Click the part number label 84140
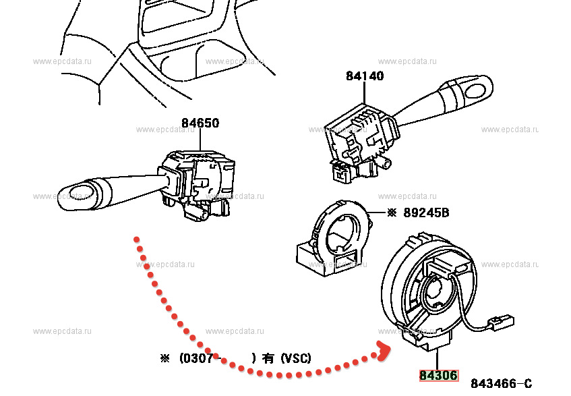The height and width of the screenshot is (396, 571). (365, 76)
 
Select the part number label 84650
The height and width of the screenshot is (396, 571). (200, 123)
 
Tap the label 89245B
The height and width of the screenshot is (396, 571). (427, 214)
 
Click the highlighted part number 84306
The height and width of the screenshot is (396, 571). (438, 376)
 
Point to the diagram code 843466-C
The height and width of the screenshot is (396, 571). (501, 384)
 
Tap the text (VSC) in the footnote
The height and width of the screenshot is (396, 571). (296, 358)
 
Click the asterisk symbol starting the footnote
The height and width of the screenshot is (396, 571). (164, 359)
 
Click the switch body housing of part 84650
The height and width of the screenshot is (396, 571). (199, 179)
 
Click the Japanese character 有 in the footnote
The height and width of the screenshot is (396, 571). (268, 359)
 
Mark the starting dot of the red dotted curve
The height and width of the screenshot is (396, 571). (137, 239)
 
